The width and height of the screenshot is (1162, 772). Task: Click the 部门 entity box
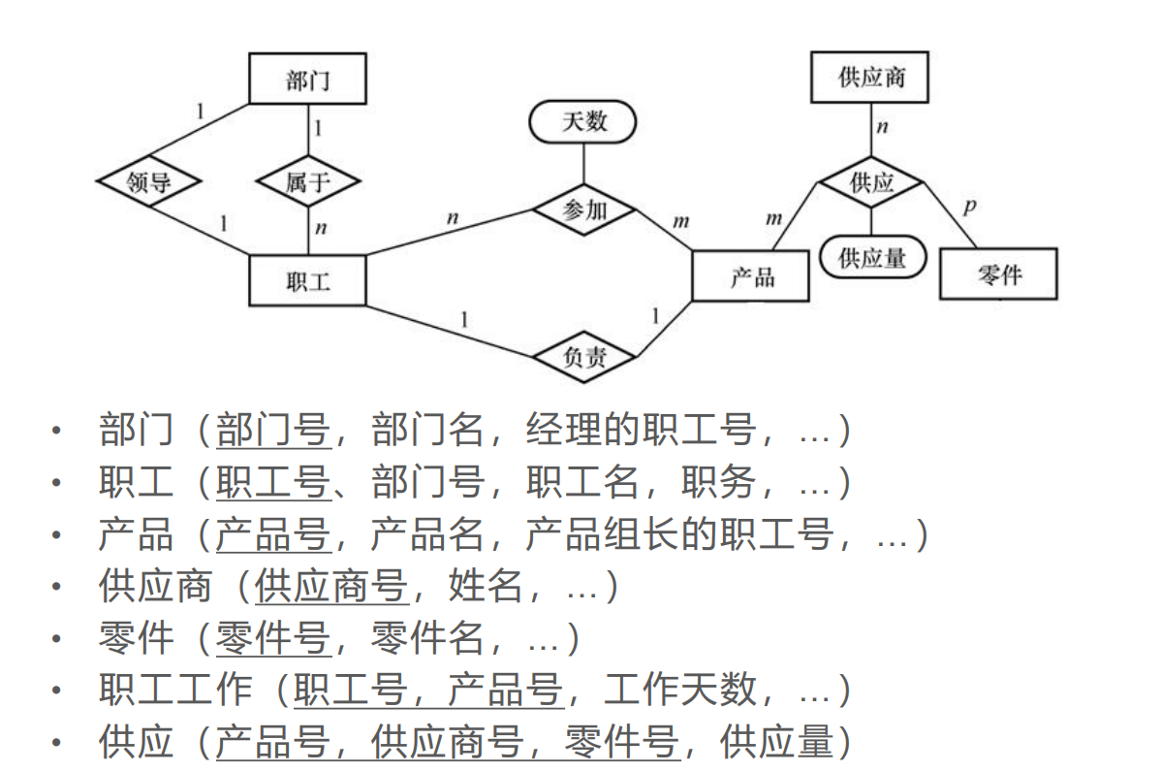click(x=307, y=79)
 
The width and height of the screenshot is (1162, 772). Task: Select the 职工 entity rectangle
click(x=307, y=280)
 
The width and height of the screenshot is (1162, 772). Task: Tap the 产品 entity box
click(x=751, y=276)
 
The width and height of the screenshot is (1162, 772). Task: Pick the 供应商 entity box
click(x=869, y=78)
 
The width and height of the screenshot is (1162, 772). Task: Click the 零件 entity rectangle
click(x=997, y=274)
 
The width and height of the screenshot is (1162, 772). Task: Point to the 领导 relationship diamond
click(x=148, y=181)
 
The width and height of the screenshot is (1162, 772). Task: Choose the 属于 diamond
click(x=308, y=181)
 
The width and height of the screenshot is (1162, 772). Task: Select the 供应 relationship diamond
click(x=870, y=181)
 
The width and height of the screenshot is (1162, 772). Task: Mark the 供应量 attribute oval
click(x=871, y=257)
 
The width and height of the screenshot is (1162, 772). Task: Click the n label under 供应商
click(x=882, y=127)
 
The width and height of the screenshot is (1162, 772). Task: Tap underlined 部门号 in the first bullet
click(x=272, y=430)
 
